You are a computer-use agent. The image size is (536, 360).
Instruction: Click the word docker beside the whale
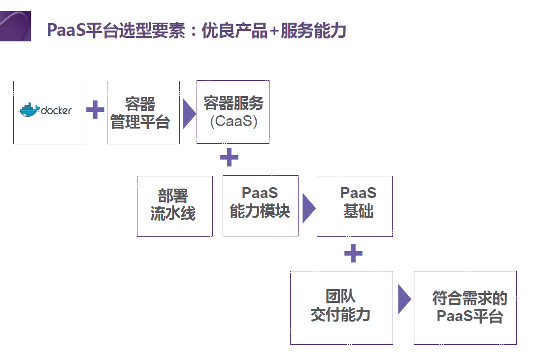click(56, 110)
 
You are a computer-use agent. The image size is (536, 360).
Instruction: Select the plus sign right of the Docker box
click(96, 110)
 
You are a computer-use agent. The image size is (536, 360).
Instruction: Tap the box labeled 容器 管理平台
click(143, 113)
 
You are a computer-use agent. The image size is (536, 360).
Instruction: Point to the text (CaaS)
click(233, 121)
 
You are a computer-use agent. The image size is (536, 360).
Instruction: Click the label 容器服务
click(233, 104)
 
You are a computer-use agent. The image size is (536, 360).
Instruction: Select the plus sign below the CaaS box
click(229, 158)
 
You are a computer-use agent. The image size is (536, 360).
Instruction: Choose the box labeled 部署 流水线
click(174, 206)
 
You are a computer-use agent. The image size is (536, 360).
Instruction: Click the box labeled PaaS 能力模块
click(260, 206)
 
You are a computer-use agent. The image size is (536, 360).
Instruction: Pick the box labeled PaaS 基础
click(354, 206)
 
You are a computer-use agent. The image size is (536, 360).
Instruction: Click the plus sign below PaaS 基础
click(353, 254)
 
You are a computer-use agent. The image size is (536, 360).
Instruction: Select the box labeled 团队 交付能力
click(341, 307)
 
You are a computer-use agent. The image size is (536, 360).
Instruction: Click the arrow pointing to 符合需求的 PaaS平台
click(404, 299)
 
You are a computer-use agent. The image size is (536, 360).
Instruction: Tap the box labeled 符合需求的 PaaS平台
click(465, 307)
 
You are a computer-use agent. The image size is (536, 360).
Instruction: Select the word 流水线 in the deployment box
click(172, 214)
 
